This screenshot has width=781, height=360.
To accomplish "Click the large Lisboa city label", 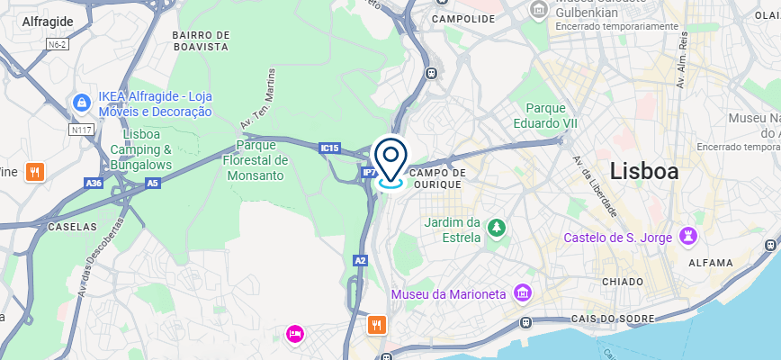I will (644, 171).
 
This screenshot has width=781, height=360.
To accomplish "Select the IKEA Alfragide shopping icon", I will (82, 103).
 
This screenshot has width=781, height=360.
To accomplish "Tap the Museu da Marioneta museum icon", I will (521, 293).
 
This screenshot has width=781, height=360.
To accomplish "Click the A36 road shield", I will (94, 183).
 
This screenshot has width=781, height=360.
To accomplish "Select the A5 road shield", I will (152, 183).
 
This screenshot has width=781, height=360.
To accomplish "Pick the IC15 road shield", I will (330, 148).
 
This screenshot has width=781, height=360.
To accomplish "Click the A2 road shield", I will (360, 260).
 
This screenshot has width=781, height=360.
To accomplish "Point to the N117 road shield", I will (83, 130).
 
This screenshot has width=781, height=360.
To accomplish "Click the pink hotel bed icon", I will (294, 334).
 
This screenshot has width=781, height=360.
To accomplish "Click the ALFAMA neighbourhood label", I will (711, 263).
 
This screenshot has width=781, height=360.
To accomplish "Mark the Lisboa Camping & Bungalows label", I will (141, 149).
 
